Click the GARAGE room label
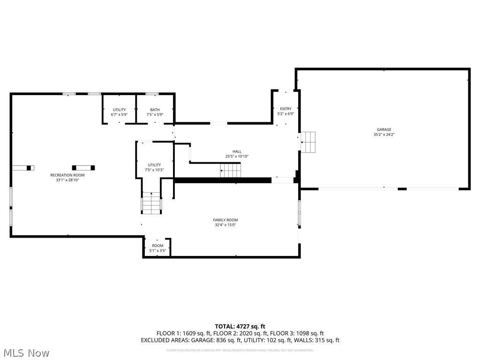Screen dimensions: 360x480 point(383,129)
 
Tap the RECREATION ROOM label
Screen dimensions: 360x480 point(67,175)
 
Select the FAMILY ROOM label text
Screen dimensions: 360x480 point(225,220)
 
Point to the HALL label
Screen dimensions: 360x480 point(237,151)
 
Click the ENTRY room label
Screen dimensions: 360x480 point(285,109)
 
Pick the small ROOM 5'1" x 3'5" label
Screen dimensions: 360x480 point(157,246)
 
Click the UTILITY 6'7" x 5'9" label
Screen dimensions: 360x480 point(119,112)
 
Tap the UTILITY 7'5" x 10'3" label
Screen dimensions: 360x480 point(154,167)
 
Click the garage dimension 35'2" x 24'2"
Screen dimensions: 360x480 point(383,135)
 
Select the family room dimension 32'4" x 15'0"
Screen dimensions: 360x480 point(225,225)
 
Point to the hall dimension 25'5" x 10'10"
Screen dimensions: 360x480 point(237,157)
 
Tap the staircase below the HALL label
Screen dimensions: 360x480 point(231,170)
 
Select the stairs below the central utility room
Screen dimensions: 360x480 point(151,203)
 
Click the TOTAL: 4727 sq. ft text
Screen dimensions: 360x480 point(240,326)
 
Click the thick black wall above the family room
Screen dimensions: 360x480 point(223,180)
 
